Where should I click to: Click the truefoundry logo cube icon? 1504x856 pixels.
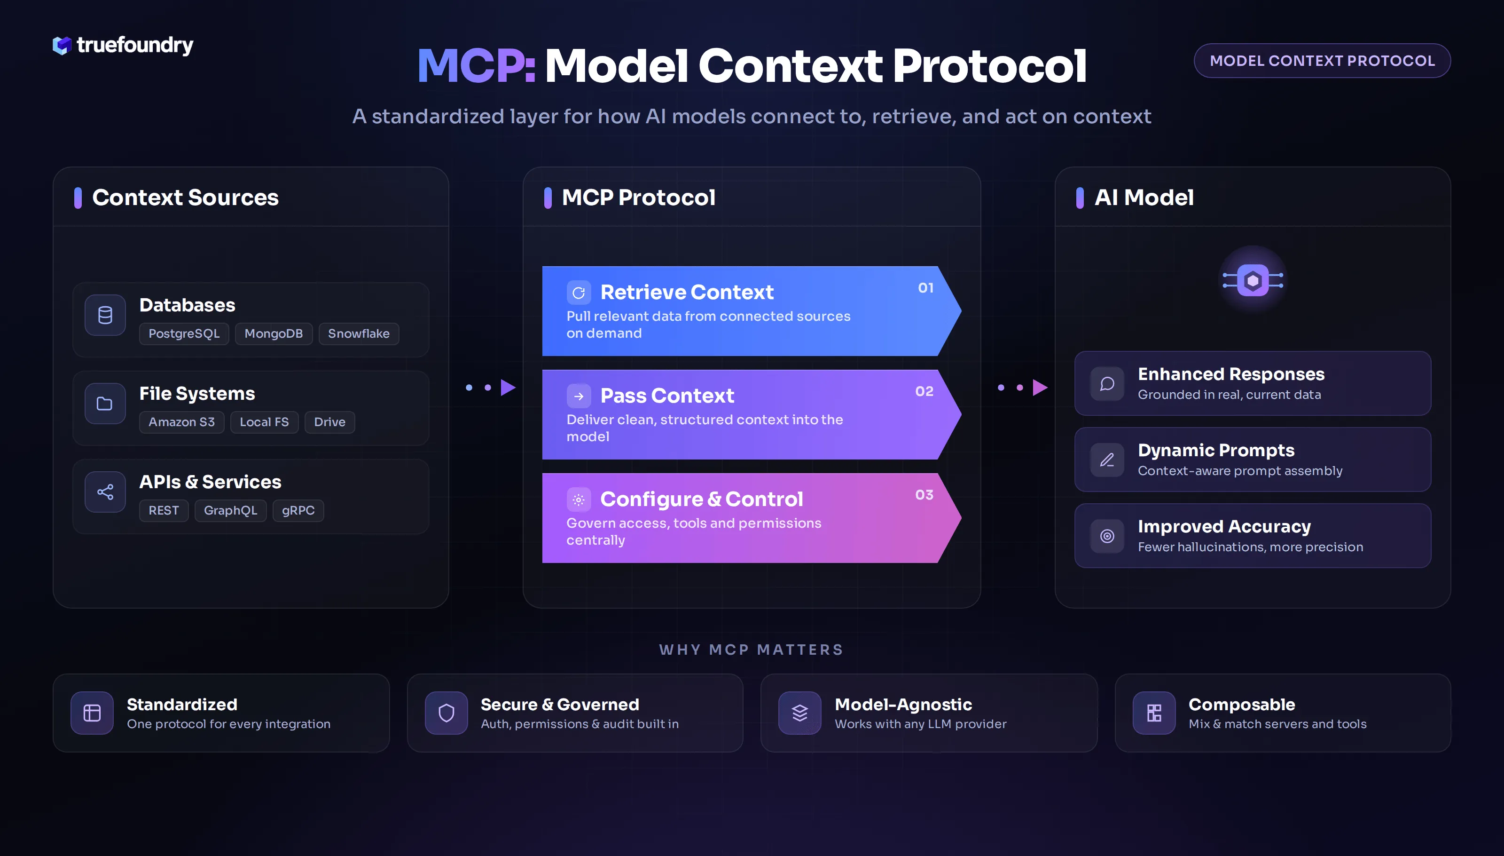62,45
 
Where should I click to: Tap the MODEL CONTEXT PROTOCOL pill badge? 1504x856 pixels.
1322,61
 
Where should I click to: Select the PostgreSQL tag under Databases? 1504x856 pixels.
184,333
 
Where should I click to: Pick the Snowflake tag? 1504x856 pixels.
358,333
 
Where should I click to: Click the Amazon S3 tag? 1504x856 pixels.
181,422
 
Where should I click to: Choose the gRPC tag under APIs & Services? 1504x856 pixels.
298,510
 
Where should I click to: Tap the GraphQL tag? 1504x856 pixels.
230,510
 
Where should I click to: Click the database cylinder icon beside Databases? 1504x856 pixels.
105,315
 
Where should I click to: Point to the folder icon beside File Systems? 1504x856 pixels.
104,404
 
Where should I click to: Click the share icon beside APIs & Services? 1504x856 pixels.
105,492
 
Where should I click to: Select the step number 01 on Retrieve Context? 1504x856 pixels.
926,288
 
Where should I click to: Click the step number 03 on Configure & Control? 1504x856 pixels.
924,495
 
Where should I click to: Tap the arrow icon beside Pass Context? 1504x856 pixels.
579,396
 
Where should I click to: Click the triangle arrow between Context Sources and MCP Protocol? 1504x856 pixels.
508,388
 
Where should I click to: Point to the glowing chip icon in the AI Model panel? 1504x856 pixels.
1253,280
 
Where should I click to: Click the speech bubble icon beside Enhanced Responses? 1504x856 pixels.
1107,384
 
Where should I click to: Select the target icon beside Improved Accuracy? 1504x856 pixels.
1107,536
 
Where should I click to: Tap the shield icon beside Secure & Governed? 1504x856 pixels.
446,713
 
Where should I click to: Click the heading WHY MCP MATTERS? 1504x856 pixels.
752,650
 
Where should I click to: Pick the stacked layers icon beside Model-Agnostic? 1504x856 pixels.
799,713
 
